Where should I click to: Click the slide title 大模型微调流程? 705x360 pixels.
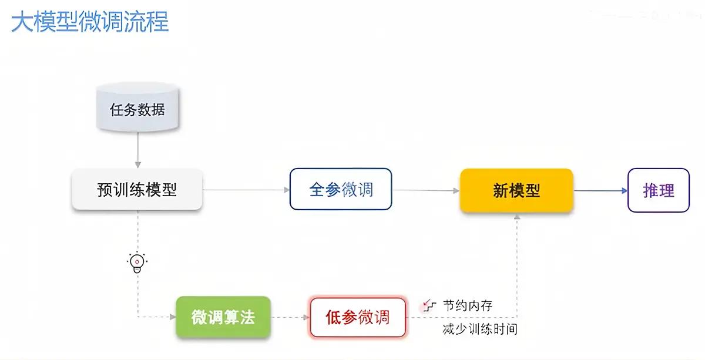pyautogui.click(x=90, y=22)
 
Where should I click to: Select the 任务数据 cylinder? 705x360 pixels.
pyautogui.click(x=137, y=109)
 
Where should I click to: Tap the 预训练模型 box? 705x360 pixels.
pyautogui.click(x=137, y=190)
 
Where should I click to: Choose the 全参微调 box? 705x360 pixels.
pyautogui.click(x=341, y=190)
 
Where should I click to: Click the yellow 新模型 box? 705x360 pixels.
pyautogui.click(x=516, y=190)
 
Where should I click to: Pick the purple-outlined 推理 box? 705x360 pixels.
pyautogui.click(x=658, y=190)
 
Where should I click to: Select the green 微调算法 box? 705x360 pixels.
pyautogui.click(x=223, y=317)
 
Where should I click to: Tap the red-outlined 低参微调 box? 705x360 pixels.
pyautogui.click(x=358, y=317)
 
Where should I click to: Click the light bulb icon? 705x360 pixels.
pyautogui.click(x=137, y=263)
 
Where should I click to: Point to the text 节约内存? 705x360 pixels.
pyautogui.click(x=468, y=305)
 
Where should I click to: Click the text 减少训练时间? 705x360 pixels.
pyautogui.click(x=480, y=329)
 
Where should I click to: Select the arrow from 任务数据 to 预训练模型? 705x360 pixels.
pyautogui.click(x=137, y=149)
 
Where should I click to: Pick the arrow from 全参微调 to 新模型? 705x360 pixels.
pyautogui.click(x=426, y=190)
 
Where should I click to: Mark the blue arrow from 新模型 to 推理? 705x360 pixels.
pyautogui.click(x=600, y=190)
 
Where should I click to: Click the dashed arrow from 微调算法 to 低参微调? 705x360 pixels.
pyautogui.click(x=290, y=318)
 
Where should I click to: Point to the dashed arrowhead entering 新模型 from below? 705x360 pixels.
pyautogui.click(x=517, y=217)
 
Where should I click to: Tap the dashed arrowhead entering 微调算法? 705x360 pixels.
pyautogui.click(x=172, y=318)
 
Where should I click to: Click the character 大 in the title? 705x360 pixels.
pyautogui.click(x=22, y=22)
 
